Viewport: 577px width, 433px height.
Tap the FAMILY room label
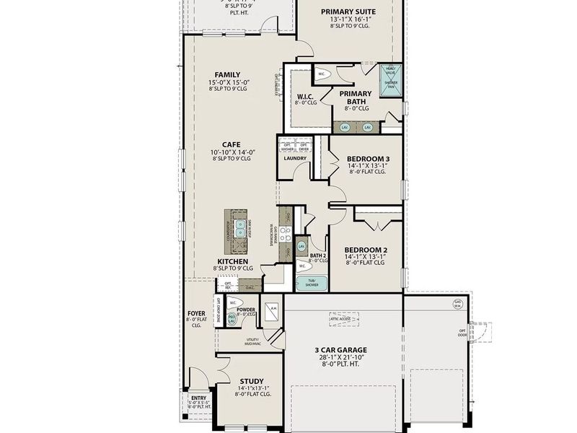click(227, 74)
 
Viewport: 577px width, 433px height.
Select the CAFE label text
click(231, 144)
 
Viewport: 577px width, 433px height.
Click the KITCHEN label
click(232, 261)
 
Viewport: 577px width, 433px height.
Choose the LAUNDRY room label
click(295, 159)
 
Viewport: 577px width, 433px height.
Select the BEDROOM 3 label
click(368, 158)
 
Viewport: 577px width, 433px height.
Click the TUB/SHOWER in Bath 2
click(312, 283)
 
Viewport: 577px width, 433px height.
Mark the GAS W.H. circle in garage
click(457, 303)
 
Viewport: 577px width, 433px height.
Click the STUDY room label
click(251, 381)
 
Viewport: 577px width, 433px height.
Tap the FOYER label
click(196, 314)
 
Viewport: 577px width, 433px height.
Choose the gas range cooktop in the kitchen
click(286, 234)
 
